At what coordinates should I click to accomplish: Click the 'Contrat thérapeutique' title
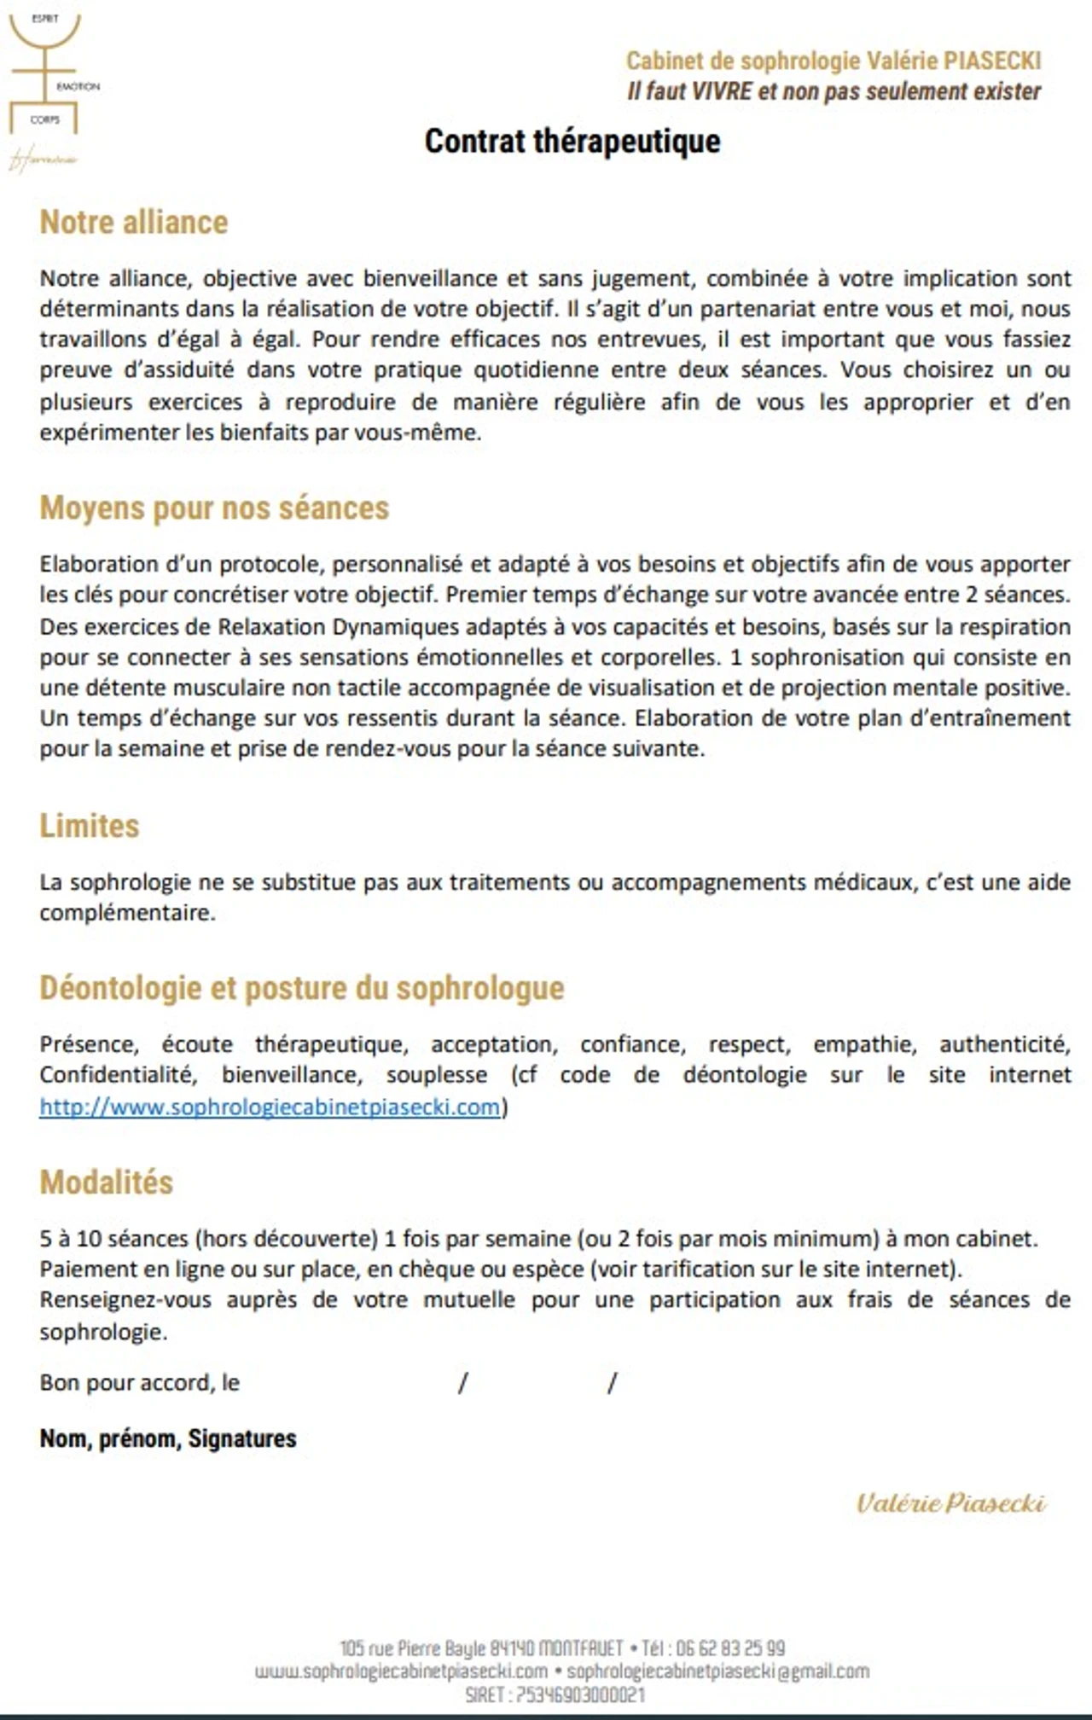572,141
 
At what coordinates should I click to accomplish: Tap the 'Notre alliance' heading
134,222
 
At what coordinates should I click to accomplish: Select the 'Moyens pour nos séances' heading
214,508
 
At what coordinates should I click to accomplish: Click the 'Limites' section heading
90,826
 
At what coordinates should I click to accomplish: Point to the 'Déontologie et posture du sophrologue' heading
302,988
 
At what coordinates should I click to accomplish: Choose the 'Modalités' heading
107,1182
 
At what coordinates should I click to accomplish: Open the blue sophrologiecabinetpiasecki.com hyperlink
270,1107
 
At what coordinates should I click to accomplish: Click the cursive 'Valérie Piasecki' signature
951,1503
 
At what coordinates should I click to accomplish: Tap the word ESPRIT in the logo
44,19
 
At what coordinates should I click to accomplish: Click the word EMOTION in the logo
78,87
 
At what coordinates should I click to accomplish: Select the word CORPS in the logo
45,120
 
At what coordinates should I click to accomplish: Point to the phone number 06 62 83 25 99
730,1647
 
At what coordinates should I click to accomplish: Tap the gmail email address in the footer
718,1671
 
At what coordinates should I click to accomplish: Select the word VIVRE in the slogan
721,91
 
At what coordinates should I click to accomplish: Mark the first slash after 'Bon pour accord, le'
462,1383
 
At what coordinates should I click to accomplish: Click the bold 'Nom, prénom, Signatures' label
168,1438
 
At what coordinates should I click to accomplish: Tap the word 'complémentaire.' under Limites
127,913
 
